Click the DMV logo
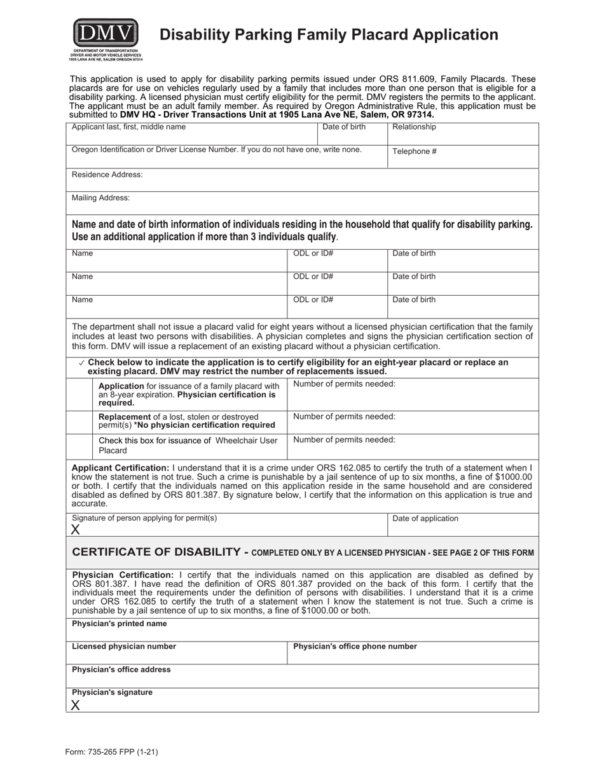tap(106, 35)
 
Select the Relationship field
tap(463, 135)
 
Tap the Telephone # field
tap(463, 157)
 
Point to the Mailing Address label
tap(101, 198)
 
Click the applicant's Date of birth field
tap(352, 135)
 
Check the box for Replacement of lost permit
tap(79, 422)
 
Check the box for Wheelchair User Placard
tap(79, 446)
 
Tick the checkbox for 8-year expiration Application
tap(79, 394)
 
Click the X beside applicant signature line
tap(76, 530)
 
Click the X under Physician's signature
tap(76, 704)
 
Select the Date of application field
tap(463, 525)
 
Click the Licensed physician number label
tap(124, 647)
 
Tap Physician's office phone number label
tap(355, 647)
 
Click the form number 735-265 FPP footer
tap(111, 751)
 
